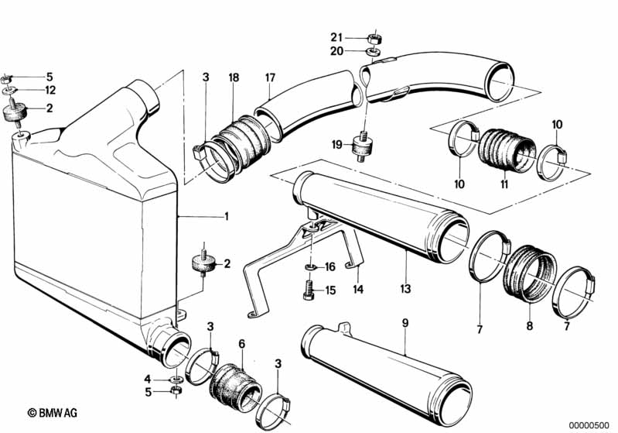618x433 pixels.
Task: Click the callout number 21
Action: click(336, 37)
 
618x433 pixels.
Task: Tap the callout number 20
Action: click(336, 51)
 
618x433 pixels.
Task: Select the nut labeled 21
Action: click(373, 39)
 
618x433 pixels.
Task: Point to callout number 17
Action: click(270, 77)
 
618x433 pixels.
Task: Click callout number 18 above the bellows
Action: click(234, 77)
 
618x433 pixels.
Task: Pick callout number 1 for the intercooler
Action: click(226, 216)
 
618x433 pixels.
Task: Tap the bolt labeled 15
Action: click(309, 290)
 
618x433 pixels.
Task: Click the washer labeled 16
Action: click(311, 267)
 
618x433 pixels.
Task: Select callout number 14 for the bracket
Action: click(358, 290)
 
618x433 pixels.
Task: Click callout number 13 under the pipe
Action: click(405, 288)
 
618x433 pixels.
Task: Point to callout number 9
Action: click(405, 323)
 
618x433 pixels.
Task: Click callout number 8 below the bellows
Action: click(530, 325)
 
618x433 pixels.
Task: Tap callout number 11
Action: click(504, 184)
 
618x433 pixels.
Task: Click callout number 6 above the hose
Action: click(241, 344)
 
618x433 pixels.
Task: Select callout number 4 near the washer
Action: click(148, 380)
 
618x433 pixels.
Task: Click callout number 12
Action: click(50, 90)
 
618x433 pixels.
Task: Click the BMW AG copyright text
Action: click(53, 413)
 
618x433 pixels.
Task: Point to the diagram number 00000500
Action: click(589, 424)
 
